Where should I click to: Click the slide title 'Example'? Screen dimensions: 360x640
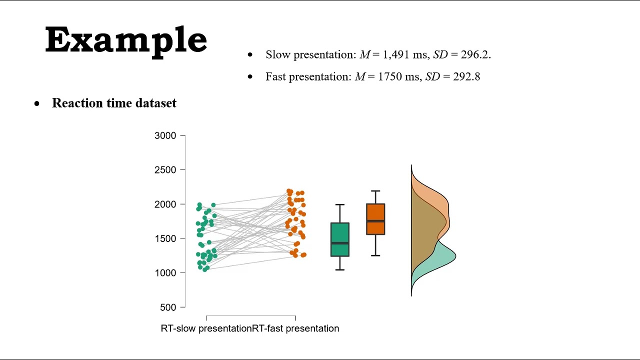point(126,40)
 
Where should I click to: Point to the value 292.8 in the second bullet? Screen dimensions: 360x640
point(466,76)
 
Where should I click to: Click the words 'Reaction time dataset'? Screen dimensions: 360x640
point(114,103)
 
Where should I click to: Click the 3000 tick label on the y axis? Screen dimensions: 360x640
point(165,135)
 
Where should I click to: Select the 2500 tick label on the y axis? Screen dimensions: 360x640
point(165,170)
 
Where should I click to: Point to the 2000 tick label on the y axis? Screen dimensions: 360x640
point(165,204)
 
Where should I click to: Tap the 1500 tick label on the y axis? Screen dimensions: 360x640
point(165,238)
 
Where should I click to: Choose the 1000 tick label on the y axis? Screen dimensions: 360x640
point(165,273)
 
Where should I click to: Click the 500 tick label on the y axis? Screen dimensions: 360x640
point(168,307)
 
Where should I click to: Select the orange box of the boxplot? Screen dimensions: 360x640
point(375,212)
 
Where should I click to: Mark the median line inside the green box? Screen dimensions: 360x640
point(340,243)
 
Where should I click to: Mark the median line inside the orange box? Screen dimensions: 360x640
point(375,221)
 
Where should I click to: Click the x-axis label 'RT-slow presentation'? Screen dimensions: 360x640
point(205,328)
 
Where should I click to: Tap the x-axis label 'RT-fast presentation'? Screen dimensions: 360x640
point(294,328)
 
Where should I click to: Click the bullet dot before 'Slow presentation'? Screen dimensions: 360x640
point(250,54)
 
